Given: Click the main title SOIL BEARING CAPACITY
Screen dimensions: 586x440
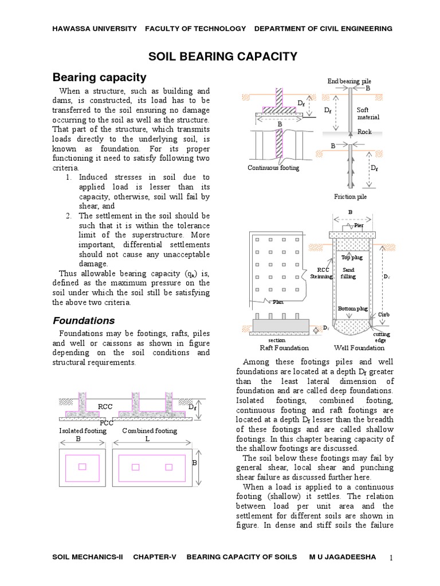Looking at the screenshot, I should [x=223, y=56].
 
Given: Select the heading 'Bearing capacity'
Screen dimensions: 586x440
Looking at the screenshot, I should [x=100, y=77].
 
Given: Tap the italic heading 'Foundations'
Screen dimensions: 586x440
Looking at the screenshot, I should [x=84, y=320].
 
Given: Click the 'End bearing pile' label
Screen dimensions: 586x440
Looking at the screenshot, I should [x=349, y=81].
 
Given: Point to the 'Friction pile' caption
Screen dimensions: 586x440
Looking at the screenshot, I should [x=350, y=196].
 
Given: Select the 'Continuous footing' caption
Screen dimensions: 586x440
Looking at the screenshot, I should [x=273, y=168].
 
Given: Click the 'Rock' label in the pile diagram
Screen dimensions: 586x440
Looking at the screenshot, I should [x=364, y=132].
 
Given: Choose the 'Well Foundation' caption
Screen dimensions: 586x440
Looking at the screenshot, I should [x=359, y=347].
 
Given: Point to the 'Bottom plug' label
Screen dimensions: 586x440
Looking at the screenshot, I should [x=352, y=308].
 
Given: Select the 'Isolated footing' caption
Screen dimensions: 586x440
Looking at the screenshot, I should [x=83, y=430].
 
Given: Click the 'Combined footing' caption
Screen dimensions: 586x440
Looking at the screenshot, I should [x=150, y=430].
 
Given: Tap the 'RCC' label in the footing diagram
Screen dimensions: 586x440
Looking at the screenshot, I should [x=105, y=407].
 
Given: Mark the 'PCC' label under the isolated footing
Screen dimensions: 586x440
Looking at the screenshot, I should [x=107, y=423].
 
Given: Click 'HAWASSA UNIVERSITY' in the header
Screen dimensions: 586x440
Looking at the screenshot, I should [x=95, y=28].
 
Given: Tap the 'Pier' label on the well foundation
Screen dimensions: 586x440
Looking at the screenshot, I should [x=359, y=225].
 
